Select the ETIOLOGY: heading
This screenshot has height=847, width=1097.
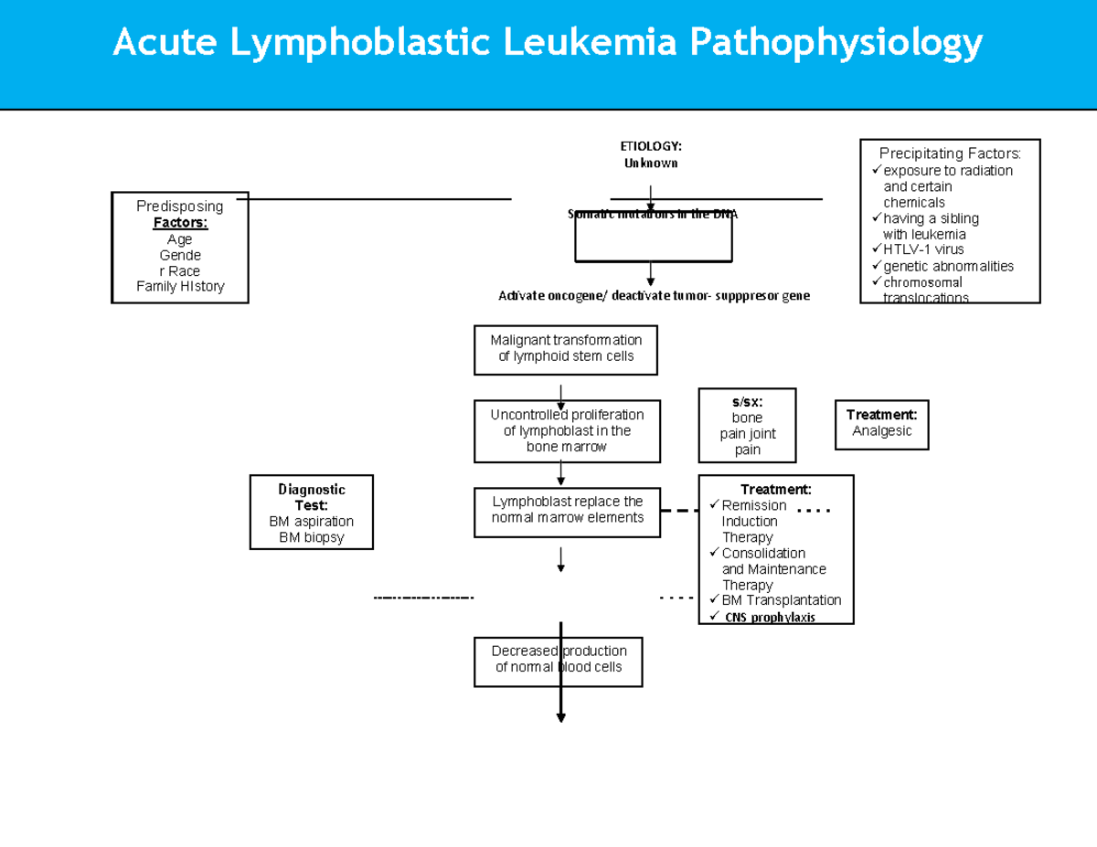(651, 146)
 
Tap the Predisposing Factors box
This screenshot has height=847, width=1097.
(180, 247)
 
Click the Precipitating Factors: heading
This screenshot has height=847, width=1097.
(950, 153)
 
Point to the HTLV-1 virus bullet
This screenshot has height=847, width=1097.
(922, 249)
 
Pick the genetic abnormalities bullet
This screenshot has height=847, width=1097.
(947, 266)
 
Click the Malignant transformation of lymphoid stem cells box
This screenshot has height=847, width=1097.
(566, 349)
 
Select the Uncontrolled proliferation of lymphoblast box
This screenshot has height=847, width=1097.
(567, 430)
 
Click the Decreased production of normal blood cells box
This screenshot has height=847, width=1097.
(559, 659)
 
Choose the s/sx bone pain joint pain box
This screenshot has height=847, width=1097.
(747, 426)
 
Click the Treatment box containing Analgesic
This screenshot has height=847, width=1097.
(881, 424)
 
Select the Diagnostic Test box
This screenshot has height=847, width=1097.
(311, 513)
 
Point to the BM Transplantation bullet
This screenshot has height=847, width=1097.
(781, 600)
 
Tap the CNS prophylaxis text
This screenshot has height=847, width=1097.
(770, 618)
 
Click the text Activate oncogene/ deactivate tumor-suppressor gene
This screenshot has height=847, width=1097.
(654, 296)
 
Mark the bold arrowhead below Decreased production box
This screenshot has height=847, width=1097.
(561, 717)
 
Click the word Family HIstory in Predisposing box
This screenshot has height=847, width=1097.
(180, 287)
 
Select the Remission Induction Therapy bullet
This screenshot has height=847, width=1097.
(753, 521)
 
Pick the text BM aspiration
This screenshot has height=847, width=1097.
(311, 522)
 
